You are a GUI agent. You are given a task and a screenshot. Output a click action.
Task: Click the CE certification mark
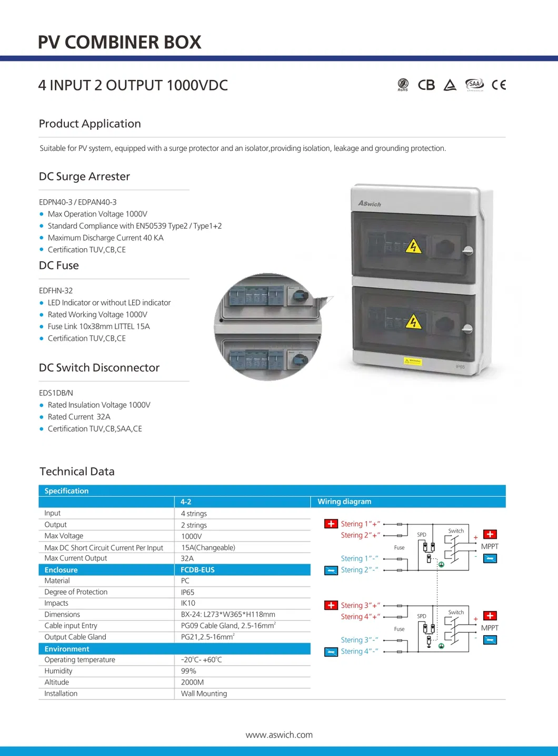point(499,85)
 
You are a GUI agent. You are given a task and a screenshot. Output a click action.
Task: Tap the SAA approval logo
point(474,84)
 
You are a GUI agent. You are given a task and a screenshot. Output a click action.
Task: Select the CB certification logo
point(426,85)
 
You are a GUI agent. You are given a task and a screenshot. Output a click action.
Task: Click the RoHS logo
point(403,84)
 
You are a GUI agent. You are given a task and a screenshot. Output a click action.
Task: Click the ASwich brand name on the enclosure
point(370,203)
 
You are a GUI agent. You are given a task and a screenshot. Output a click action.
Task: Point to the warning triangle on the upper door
point(414,246)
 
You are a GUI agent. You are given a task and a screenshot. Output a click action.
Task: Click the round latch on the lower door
point(467,329)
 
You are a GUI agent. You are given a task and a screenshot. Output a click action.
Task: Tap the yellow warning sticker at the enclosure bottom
point(413,361)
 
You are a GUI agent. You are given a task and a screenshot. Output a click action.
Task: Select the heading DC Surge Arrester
point(84,177)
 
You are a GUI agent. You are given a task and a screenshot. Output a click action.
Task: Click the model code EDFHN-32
point(56,291)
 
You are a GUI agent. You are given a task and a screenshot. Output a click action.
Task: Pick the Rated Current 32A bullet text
point(79,417)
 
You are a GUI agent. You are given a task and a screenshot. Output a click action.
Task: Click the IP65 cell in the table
point(187,592)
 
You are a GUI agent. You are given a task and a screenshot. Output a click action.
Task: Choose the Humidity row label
point(58,671)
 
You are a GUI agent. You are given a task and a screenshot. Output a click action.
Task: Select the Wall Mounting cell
point(204,693)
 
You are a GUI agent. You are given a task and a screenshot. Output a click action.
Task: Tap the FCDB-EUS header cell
point(197,570)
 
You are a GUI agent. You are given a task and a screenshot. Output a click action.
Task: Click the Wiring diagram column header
point(344,502)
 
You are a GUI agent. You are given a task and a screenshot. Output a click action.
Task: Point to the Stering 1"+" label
point(360,524)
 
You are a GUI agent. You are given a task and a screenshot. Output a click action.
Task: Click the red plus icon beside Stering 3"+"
point(331,605)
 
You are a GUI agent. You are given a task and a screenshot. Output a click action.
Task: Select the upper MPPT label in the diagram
point(490,546)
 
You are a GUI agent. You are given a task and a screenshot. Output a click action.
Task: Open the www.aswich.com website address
point(279,735)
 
